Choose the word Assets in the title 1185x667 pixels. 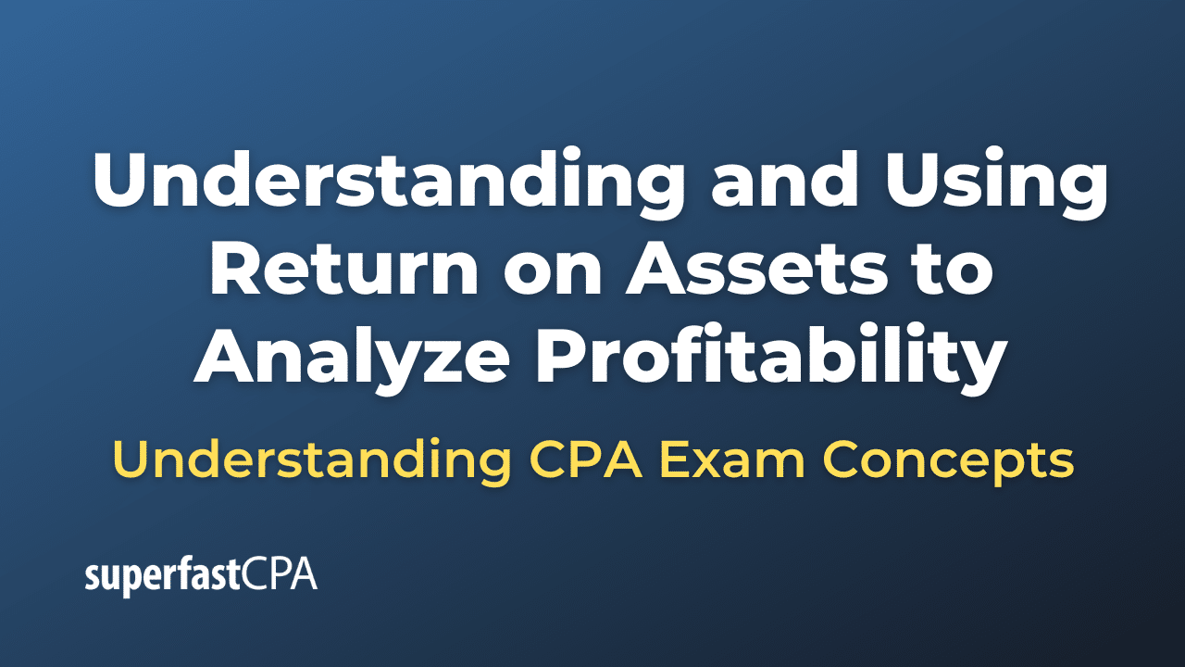tap(722, 269)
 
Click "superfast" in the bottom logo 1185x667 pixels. tap(162, 577)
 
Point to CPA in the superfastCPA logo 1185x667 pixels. tap(280, 575)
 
